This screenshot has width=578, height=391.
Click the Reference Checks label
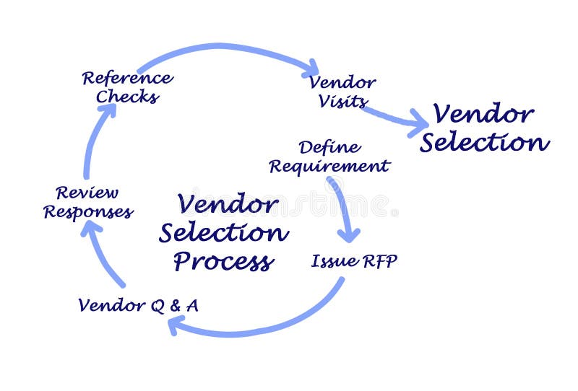tap(127, 87)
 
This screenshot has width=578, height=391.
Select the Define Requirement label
tap(329, 157)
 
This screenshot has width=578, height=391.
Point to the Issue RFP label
tap(354, 261)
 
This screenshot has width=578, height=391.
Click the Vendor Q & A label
tap(138, 305)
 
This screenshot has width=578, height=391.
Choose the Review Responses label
tap(87, 203)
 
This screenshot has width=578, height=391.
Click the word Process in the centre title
tap(223, 261)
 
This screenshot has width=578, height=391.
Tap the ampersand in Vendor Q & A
tap(173, 305)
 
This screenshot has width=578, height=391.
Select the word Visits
tap(342, 101)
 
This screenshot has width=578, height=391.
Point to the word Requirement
tap(329, 167)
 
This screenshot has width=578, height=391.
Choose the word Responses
tap(87, 212)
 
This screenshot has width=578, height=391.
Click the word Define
tap(329, 148)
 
